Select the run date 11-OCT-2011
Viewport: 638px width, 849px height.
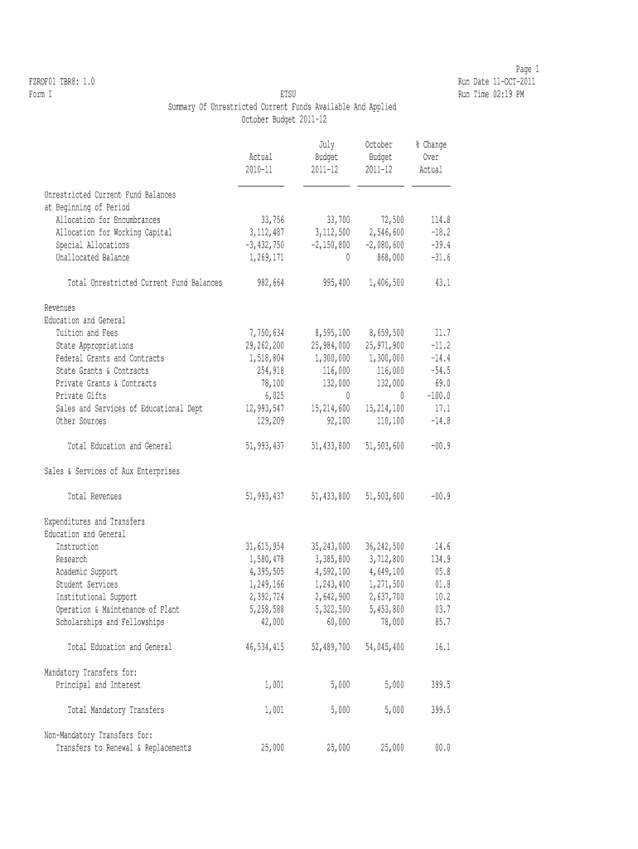pyautogui.click(x=496, y=81)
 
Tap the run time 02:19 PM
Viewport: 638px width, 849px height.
pyautogui.click(x=491, y=95)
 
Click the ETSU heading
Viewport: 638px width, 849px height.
pyautogui.click(x=288, y=95)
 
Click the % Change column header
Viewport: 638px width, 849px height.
pyautogui.click(x=431, y=145)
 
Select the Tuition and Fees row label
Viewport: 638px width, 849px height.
pyautogui.click(x=87, y=332)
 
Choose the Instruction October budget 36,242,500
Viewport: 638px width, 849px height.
pyautogui.click(x=384, y=547)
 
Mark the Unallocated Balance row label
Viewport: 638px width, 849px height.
pyautogui.click(x=93, y=258)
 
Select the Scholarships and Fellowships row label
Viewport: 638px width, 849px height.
pyautogui.click(x=109, y=622)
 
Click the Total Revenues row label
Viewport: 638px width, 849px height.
pyautogui.click(x=94, y=497)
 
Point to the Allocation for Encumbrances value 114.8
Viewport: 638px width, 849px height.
pyautogui.click(x=440, y=220)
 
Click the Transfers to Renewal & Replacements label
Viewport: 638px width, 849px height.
pyautogui.click(x=123, y=748)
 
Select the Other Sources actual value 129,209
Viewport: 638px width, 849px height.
pyautogui.click(x=267, y=421)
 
